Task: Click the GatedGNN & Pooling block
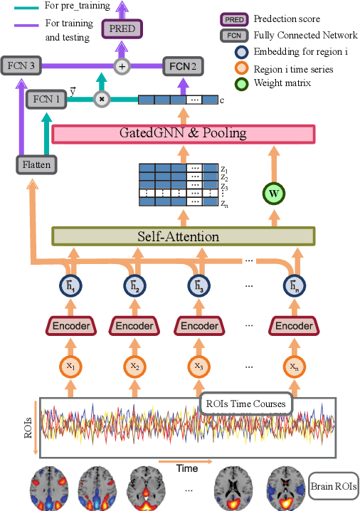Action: point(184,133)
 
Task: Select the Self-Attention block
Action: point(184,236)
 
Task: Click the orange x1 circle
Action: point(70,366)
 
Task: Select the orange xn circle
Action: point(294,366)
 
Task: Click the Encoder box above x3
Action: point(198,326)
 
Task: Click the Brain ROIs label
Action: point(334,488)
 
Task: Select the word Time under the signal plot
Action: point(187,469)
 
